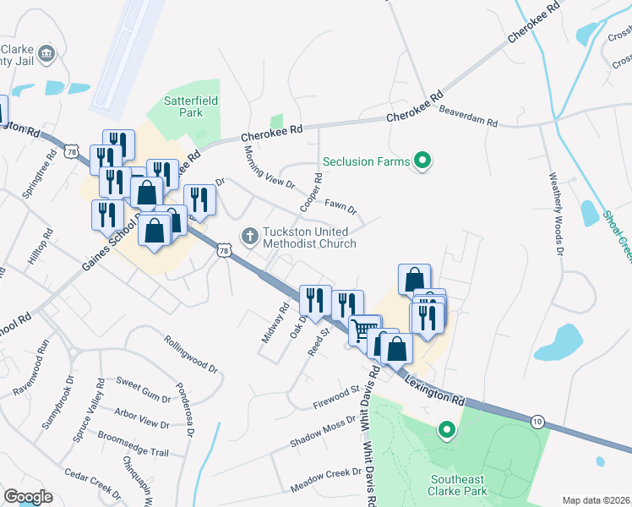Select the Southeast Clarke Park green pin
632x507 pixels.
coord(446,431)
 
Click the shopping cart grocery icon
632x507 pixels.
coord(364,330)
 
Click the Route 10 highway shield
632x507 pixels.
coord(537,420)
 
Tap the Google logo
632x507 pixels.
coord(28,497)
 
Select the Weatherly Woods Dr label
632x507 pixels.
coord(555,214)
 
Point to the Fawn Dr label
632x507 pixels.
coord(341,206)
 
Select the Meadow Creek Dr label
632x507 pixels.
coord(326,482)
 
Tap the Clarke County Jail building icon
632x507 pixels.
coord(46,54)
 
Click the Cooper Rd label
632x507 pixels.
coord(311,193)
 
